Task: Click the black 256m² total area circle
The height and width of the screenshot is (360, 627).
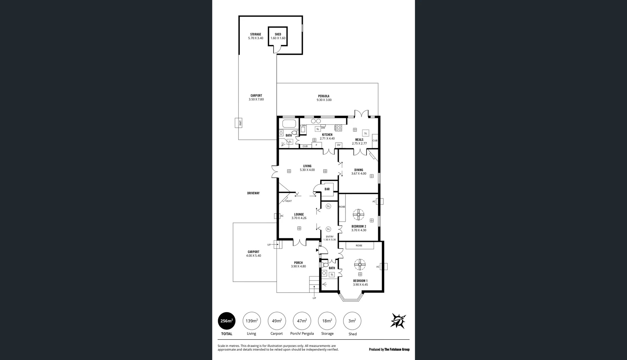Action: pyautogui.click(x=227, y=321)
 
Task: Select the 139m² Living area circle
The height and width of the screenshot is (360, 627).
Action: pyautogui.click(x=251, y=321)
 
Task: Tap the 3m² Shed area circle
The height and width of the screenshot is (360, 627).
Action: pyautogui.click(x=352, y=321)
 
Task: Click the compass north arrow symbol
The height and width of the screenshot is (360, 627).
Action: pyautogui.click(x=398, y=321)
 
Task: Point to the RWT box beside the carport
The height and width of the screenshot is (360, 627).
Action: pyautogui.click(x=239, y=123)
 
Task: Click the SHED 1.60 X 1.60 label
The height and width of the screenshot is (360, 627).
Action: pyautogui.click(x=278, y=36)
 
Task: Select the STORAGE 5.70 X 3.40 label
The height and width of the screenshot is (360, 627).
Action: pyautogui.click(x=255, y=36)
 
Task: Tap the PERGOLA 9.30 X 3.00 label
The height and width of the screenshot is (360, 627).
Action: pyautogui.click(x=324, y=98)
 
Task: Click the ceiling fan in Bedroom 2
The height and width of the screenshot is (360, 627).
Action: pyautogui.click(x=359, y=215)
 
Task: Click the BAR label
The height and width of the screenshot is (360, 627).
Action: pyautogui.click(x=327, y=189)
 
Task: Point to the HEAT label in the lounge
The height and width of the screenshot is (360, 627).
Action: pyautogui.click(x=288, y=201)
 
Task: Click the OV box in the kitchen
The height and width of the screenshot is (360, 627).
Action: pyautogui.click(x=339, y=145)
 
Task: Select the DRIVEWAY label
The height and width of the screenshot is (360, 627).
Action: pyautogui.click(x=253, y=193)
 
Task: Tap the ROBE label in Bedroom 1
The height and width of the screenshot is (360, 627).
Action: pyautogui.click(x=359, y=246)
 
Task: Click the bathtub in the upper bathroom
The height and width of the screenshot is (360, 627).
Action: pyautogui.click(x=289, y=124)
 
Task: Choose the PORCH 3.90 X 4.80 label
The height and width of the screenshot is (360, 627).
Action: pyautogui.click(x=298, y=265)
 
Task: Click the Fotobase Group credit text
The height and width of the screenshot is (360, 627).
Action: pyautogui.click(x=389, y=349)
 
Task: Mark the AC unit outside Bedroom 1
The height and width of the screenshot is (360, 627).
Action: pyautogui.click(x=384, y=266)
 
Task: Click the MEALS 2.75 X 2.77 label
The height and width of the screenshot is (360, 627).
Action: pyautogui.click(x=359, y=142)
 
